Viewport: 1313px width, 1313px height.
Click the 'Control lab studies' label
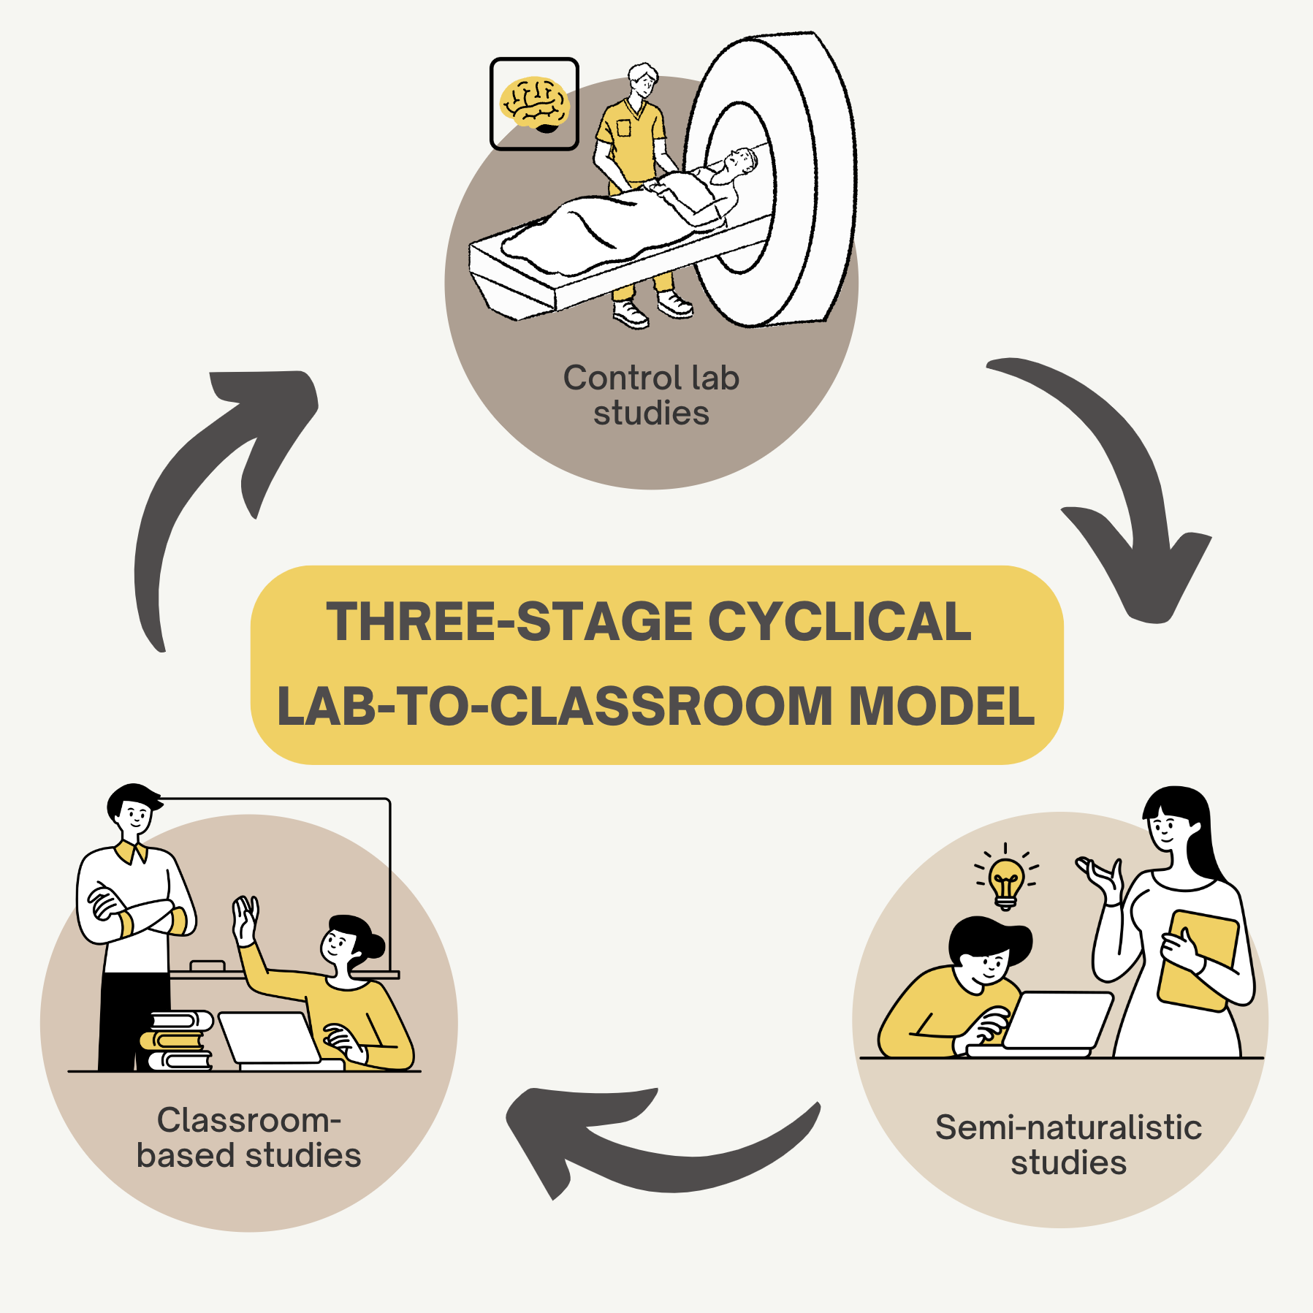[651, 395]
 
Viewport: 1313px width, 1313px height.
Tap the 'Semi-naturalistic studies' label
[1068, 1144]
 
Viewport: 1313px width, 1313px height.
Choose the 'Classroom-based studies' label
[248, 1138]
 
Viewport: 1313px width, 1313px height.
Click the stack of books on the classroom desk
[178, 1040]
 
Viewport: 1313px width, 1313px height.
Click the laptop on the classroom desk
[270, 1038]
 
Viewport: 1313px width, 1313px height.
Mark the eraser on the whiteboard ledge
[207, 966]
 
